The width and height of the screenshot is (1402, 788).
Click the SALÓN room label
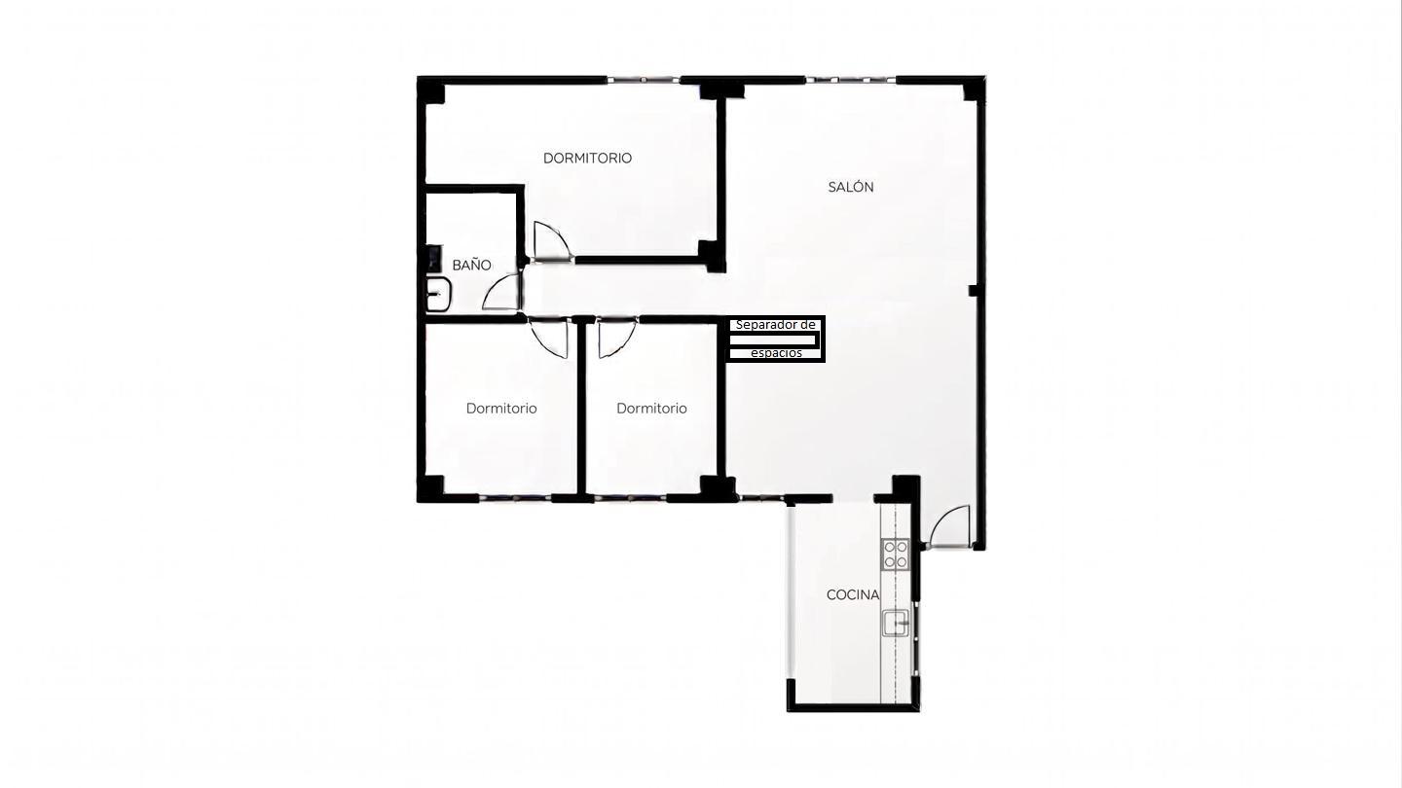click(851, 187)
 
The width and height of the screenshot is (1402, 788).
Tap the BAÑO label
click(471, 266)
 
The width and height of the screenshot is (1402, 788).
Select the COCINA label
click(853, 594)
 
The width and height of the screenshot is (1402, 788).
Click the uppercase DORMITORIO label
click(587, 159)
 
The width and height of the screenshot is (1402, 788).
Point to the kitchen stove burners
click(896, 555)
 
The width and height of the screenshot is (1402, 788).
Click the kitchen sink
click(896, 623)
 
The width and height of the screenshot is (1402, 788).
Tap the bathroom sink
click(439, 295)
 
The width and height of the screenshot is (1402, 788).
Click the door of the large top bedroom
click(551, 241)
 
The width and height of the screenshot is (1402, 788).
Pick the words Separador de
click(775, 325)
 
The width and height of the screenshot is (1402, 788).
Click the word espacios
click(776, 353)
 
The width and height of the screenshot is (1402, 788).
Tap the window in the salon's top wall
click(850, 80)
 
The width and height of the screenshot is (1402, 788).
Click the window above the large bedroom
click(643, 80)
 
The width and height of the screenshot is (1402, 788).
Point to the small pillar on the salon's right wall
click(974, 290)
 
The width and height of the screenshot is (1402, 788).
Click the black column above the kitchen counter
click(906, 487)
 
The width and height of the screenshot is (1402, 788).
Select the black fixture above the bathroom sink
click(434, 258)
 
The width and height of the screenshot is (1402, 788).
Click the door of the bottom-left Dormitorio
click(549, 338)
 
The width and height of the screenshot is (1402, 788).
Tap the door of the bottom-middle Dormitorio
click(617, 338)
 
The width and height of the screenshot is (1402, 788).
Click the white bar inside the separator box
click(773, 340)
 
